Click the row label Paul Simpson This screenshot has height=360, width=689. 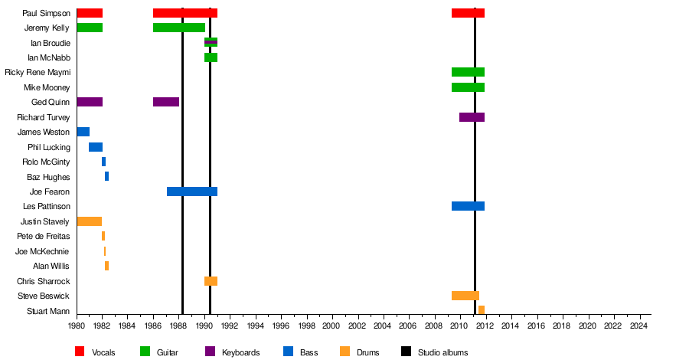[x=46, y=13]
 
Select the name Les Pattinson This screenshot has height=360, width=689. [x=50, y=206]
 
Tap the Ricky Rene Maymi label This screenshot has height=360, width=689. [x=38, y=73]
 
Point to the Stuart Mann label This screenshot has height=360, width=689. [x=48, y=311]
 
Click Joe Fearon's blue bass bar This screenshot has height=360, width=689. [x=191, y=191]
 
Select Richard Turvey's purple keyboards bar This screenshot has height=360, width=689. [x=472, y=117]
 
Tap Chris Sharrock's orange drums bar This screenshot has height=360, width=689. [x=211, y=281]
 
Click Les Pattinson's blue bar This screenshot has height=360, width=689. [x=468, y=206]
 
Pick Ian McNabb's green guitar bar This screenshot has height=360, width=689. [x=211, y=57]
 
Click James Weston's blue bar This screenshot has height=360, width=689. [x=83, y=132]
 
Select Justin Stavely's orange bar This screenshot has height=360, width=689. [x=89, y=221]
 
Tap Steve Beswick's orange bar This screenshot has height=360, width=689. [x=465, y=296]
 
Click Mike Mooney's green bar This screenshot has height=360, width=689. [x=468, y=87]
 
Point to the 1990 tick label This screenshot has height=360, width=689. [x=204, y=326]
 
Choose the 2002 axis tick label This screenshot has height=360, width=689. [x=357, y=326]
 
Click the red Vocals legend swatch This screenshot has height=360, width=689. [x=80, y=352]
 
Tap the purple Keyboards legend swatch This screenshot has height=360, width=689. [x=210, y=352]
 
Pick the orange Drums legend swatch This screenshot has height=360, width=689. [x=344, y=352]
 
